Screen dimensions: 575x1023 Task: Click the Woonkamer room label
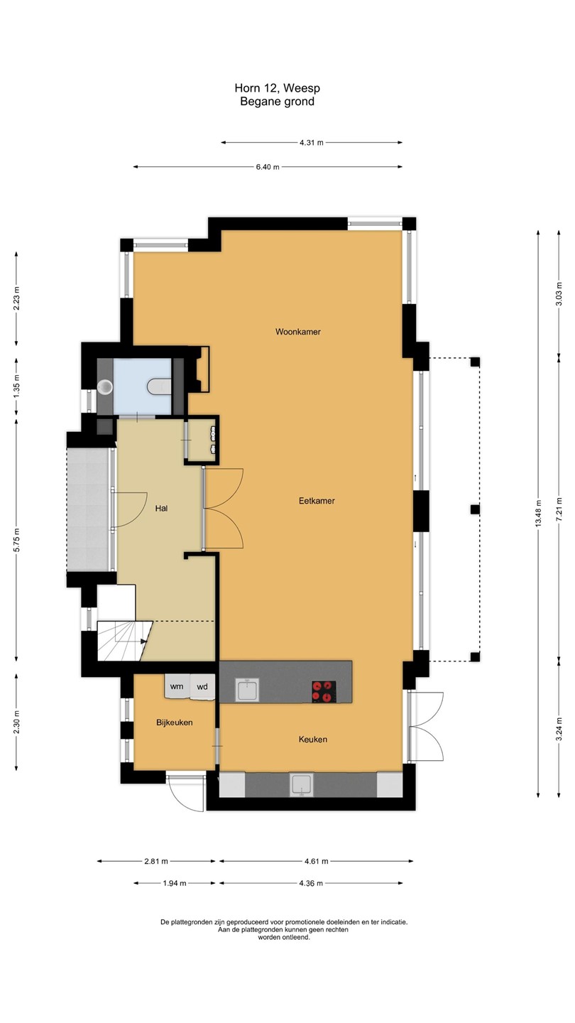click(x=297, y=332)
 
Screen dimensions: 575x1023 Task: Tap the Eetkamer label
click(x=317, y=501)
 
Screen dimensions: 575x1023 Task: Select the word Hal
click(x=162, y=509)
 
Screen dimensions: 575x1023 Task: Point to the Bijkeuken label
click(x=175, y=722)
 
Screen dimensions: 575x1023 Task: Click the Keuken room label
click(x=313, y=740)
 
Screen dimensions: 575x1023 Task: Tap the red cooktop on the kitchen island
click(x=324, y=691)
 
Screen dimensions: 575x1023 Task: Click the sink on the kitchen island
click(x=247, y=690)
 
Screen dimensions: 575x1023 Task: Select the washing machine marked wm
click(x=177, y=686)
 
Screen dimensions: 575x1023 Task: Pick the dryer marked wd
click(x=202, y=687)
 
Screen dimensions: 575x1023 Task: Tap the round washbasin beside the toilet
click(x=105, y=386)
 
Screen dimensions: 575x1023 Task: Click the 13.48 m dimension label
click(x=539, y=514)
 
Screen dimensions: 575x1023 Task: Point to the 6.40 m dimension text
click(x=268, y=167)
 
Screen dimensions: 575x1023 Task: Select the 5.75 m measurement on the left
click(x=17, y=540)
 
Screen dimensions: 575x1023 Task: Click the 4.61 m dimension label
click(x=317, y=861)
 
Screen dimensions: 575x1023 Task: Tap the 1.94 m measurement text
click(x=175, y=883)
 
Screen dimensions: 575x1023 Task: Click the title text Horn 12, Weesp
click(x=278, y=87)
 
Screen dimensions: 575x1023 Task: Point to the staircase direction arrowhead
click(x=143, y=642)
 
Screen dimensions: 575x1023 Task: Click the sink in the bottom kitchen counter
click(x=302, y=784)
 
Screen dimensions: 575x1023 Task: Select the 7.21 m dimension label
click(x=559, y=509)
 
